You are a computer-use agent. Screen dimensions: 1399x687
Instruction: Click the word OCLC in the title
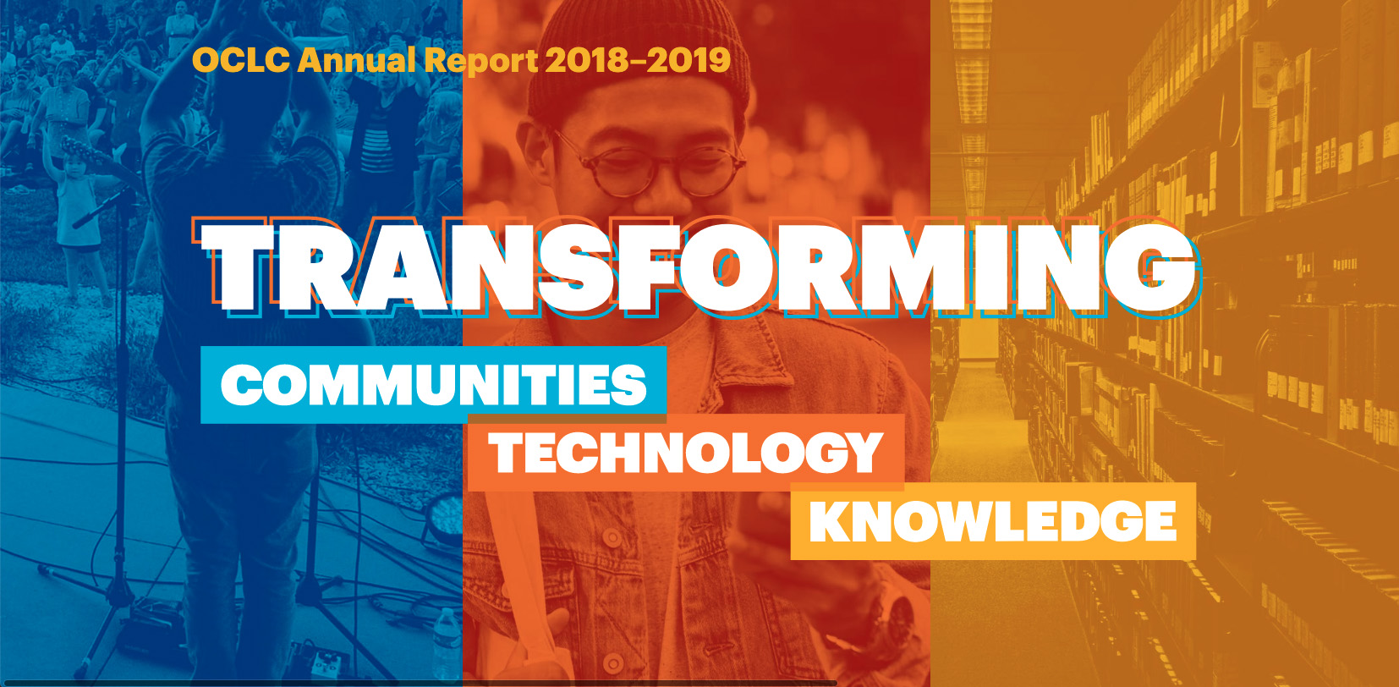(x=240, y=61)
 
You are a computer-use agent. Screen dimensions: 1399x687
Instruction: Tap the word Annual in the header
(x=357, y=61)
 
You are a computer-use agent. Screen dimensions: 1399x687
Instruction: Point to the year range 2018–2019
(x=638, y=61)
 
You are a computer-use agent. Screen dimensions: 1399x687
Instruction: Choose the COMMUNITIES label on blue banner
(x=433, y=384)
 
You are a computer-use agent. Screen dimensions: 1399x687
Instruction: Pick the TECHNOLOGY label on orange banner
(x=685, y=452)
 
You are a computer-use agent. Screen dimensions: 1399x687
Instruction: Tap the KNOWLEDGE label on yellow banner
(x=992, y=521)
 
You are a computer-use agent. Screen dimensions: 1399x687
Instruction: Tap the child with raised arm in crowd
(x=76, y=206)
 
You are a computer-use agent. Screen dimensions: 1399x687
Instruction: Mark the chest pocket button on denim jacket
(x=613, y=538)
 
